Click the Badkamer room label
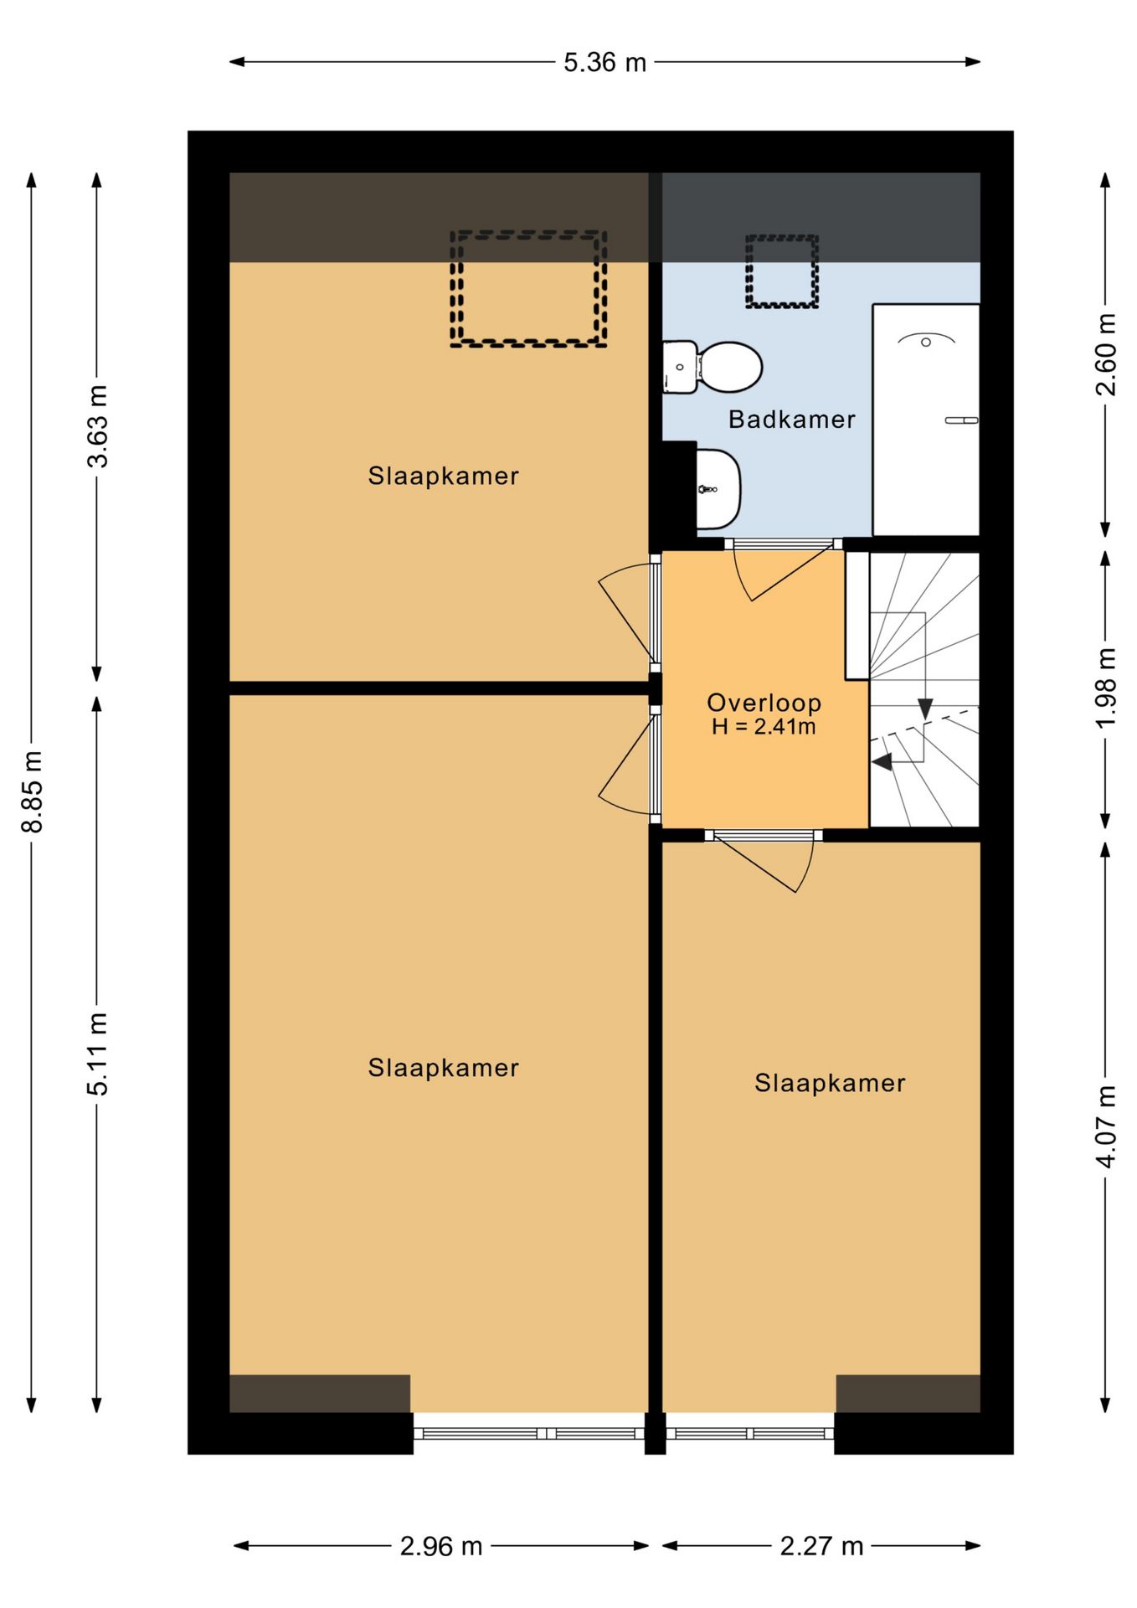[791, 419]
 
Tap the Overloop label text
[764, 703]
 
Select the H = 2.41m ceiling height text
[764, 727]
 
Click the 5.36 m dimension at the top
[605, 63]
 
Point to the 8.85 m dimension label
[32, 791]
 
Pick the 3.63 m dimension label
[98, 425]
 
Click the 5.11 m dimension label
[98, 1054]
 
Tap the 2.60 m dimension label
[1106, 354]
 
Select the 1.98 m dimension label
[1106, 688]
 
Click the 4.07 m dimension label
[1106, 1126]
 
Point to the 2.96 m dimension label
[441, 1546]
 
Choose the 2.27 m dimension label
[821, 1546]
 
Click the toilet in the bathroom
[713, 367]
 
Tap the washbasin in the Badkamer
[718, 489]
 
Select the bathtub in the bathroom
[925, 420]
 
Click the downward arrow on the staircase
[925, 708]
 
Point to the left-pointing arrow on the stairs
[882, 762]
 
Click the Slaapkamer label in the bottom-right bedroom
[830, 1083]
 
